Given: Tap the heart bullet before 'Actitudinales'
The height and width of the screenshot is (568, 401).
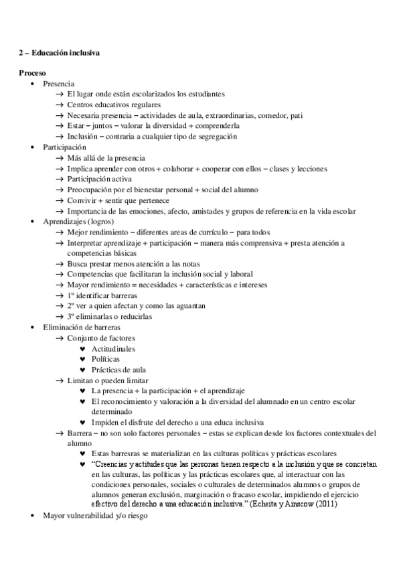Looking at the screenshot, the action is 82,349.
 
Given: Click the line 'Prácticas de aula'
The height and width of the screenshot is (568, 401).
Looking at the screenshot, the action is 118,370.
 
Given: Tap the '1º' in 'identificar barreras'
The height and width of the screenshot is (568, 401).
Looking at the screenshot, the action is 71,295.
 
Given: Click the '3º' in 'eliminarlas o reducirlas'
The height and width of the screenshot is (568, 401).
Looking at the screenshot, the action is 71,315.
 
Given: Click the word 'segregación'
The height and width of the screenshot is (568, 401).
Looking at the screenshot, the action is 216,136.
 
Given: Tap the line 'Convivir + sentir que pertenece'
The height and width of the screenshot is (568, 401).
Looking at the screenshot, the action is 118,200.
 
